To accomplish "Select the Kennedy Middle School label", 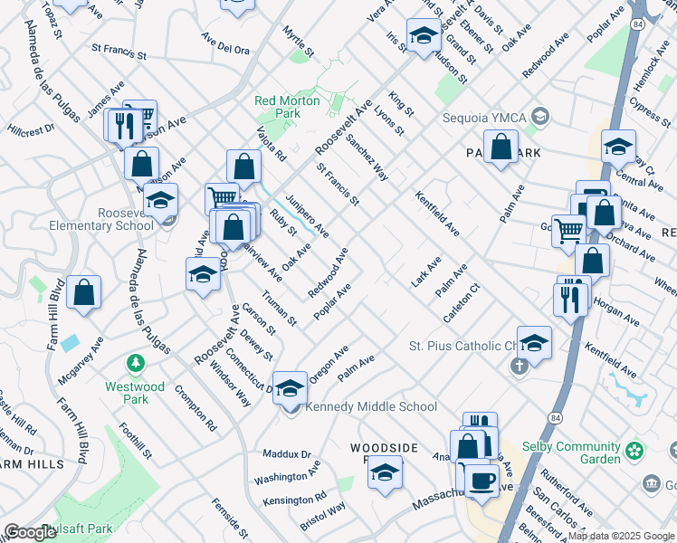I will click(x=371, y=407).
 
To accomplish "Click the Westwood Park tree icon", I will click(x=136, y=363).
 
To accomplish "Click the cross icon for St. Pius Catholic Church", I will click(x=519, y=366).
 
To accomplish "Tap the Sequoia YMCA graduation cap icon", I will click(x=540, y=117).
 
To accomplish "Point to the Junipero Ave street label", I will click(x=306, y=216).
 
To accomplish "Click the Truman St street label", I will click(x=279, y=308).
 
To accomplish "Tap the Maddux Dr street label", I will click(x=287, y=453).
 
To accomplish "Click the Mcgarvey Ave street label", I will click(x=81, y=360).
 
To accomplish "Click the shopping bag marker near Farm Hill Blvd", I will click(x=83, y=292).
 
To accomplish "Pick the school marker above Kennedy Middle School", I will click(x=290, y=388).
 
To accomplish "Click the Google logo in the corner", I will click(x=30, y=532).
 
